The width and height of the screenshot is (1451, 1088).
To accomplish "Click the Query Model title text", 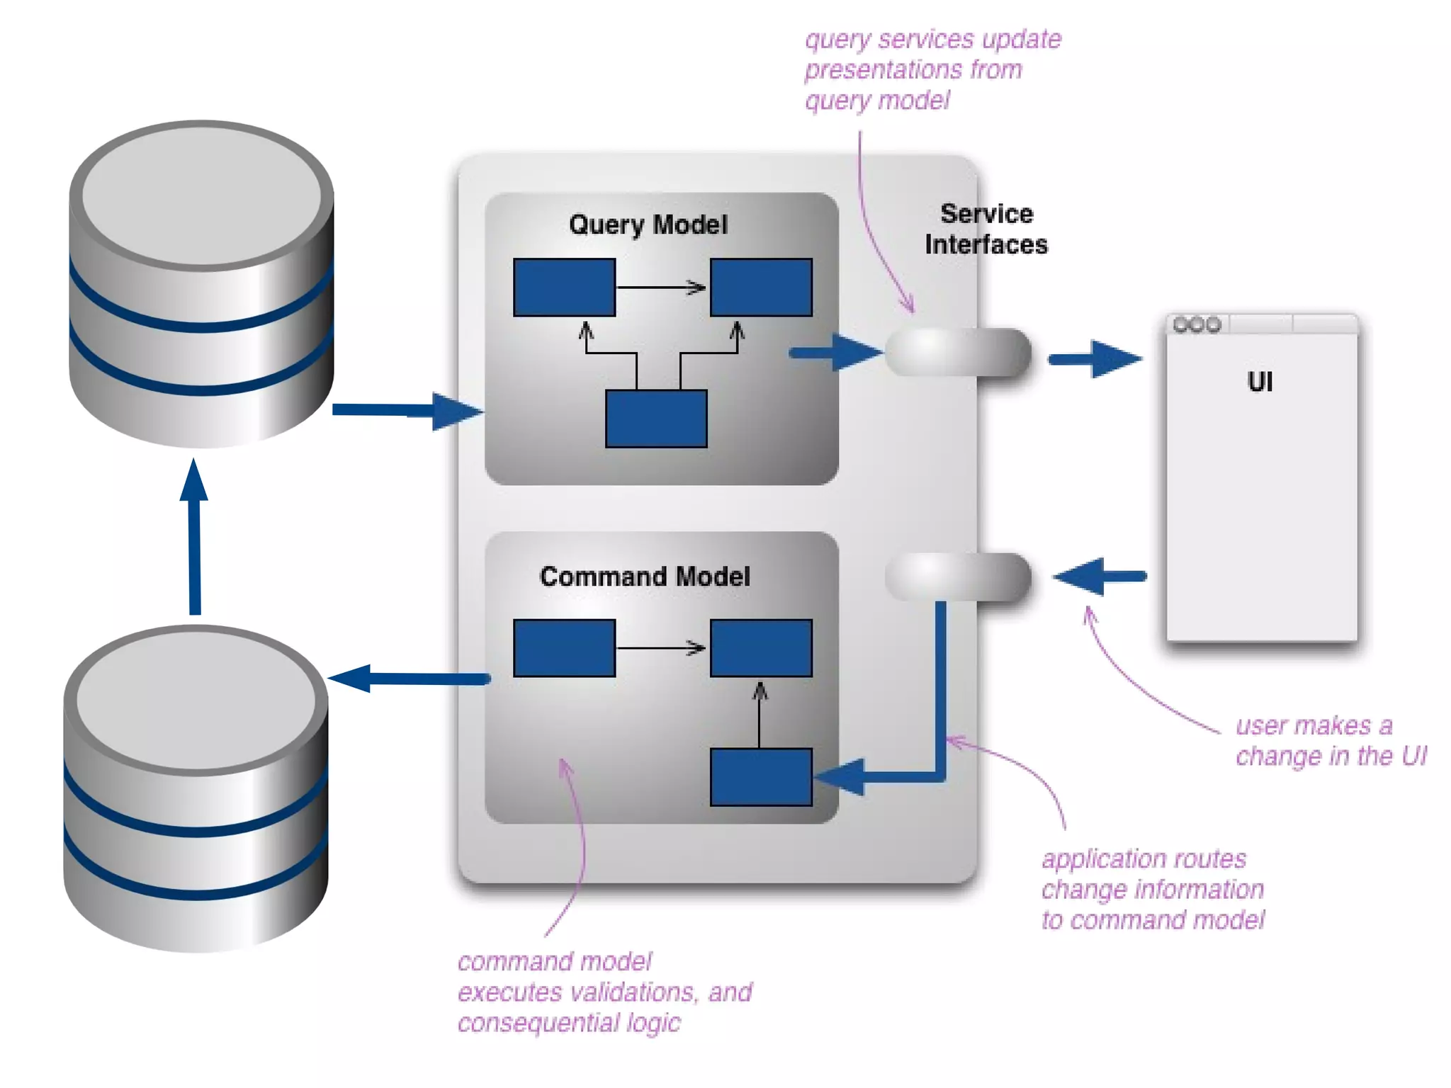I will pyautogui.click(x=648, y=225).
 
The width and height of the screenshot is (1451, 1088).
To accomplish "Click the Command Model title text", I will pyautogui.click(x=644, y=577).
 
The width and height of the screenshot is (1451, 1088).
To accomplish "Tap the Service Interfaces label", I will pyautogui.click(x=986, y=229).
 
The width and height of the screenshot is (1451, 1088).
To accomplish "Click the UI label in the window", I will pyautogui.click(x=1259, y=382).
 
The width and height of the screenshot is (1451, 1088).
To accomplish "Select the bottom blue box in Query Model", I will pyautogui.click(x=656, y=419).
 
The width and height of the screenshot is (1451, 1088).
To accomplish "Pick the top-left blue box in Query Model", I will pyautogui.click(x=564, y=288).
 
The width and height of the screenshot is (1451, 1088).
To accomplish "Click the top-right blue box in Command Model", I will pyautogui.click(x=761, y=648).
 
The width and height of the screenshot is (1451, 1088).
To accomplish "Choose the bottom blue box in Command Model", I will pyautogui.click(x=761, y=777).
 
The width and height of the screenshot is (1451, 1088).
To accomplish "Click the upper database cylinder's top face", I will pyautogui.click(x=202, y=195).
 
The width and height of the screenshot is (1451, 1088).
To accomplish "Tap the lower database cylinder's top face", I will pyautogui.click(x=196, y=700).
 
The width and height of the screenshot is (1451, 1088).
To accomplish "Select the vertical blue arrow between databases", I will pyautogui.click(x=195, y=538).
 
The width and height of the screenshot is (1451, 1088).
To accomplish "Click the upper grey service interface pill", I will pyautogui.click(x=957, y=352).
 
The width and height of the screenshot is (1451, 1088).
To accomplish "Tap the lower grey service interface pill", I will pyautogui.click(x=957, y=577).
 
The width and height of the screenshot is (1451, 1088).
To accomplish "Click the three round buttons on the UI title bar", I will pyautogui.click(x=1197, y=325).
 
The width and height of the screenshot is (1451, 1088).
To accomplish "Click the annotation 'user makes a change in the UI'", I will pyautogui.click(x=1330, y=741).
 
